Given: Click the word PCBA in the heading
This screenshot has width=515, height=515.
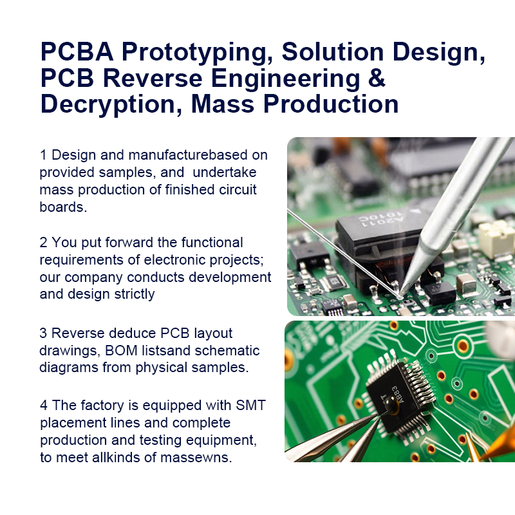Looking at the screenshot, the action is coord(77,51).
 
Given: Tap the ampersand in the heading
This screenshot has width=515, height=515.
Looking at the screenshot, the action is coord(377,78).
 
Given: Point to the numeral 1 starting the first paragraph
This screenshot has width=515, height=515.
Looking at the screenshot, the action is coord(43,155).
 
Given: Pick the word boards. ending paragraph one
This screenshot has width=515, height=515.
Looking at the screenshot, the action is coord(63,207).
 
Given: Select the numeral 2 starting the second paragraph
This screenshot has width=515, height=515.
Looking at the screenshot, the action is coord(43,243).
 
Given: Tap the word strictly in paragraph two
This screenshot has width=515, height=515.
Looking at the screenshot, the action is coord(135,294).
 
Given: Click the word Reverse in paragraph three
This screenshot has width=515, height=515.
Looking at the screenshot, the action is coord(78,333).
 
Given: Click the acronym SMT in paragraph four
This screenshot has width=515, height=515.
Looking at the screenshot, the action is coord(250,406).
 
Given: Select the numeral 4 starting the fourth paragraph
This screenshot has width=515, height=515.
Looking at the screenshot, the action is coord(44,406).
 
